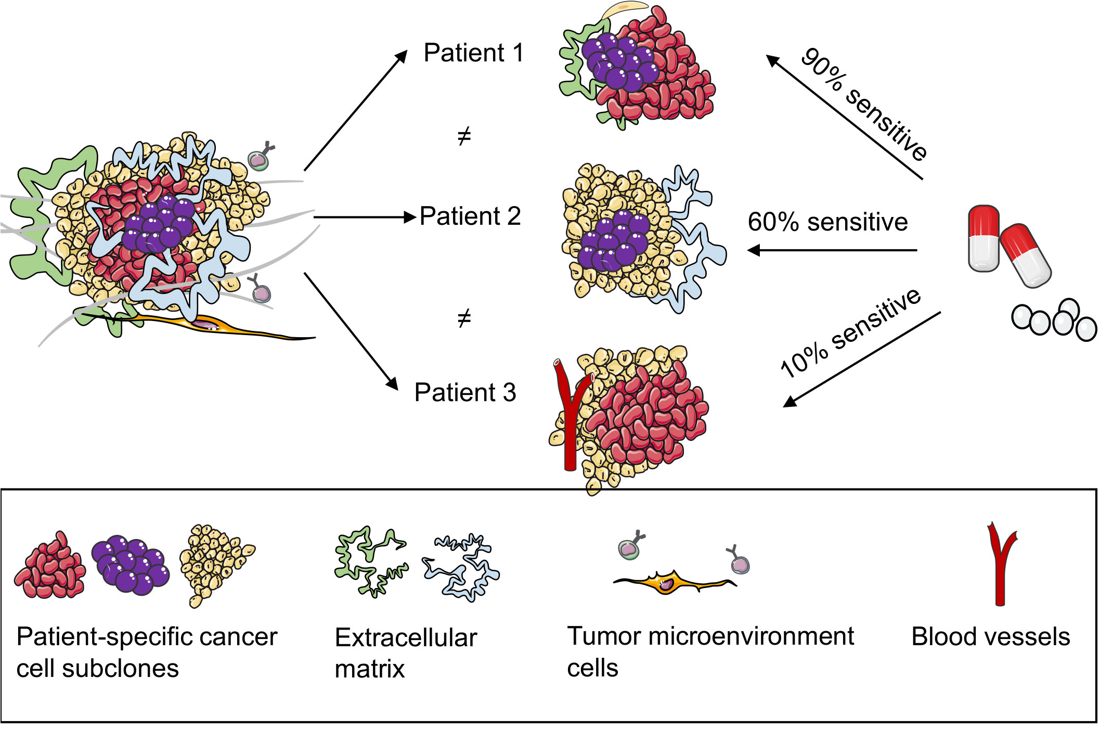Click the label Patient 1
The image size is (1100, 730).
473,53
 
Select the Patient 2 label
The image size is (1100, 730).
470,216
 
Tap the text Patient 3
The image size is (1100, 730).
465,393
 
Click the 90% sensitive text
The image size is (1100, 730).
863,104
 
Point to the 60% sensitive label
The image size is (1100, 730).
827,222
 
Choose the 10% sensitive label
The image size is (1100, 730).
850,333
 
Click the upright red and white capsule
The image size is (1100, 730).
983,238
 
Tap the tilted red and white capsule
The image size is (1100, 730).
1026,255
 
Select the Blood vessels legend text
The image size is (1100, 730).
990,637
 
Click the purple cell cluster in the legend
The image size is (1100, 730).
130,566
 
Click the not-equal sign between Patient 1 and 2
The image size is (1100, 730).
464,136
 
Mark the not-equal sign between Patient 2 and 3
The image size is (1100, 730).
464,317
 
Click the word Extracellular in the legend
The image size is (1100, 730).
406,638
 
